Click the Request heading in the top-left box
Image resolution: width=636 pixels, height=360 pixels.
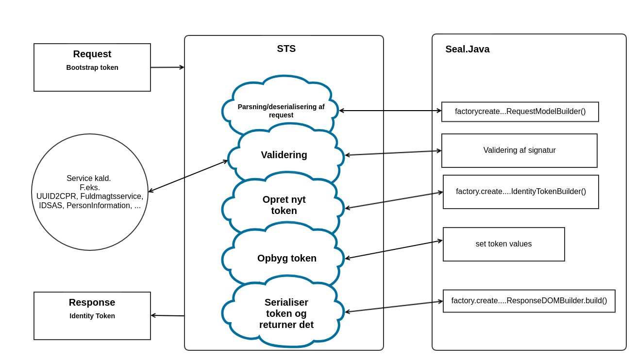92,54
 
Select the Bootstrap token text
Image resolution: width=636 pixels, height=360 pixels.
92,67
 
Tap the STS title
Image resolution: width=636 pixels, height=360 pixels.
286,49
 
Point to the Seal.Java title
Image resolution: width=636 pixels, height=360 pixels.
467,49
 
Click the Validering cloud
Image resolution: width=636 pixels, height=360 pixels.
284,155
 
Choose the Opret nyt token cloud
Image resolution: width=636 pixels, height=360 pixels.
284,205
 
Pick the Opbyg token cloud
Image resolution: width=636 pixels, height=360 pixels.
286,258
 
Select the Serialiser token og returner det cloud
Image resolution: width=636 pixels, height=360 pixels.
286,313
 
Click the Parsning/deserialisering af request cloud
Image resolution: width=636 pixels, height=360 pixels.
281,111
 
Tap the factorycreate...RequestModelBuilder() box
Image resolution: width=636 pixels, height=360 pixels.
520,112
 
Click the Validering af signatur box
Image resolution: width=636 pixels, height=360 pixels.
519,150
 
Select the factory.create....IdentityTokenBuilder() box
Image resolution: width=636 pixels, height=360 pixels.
520,192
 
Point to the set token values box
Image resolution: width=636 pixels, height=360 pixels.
503,244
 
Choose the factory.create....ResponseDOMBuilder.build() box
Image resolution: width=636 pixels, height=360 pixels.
529,301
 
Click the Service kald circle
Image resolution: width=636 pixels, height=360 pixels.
90,192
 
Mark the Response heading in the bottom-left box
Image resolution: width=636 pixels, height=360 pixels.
92,302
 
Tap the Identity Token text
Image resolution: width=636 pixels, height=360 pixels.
92,316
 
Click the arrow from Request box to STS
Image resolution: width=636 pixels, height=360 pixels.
167,67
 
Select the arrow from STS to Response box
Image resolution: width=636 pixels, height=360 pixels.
167,316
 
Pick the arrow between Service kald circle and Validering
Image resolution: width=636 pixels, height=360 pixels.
188,176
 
